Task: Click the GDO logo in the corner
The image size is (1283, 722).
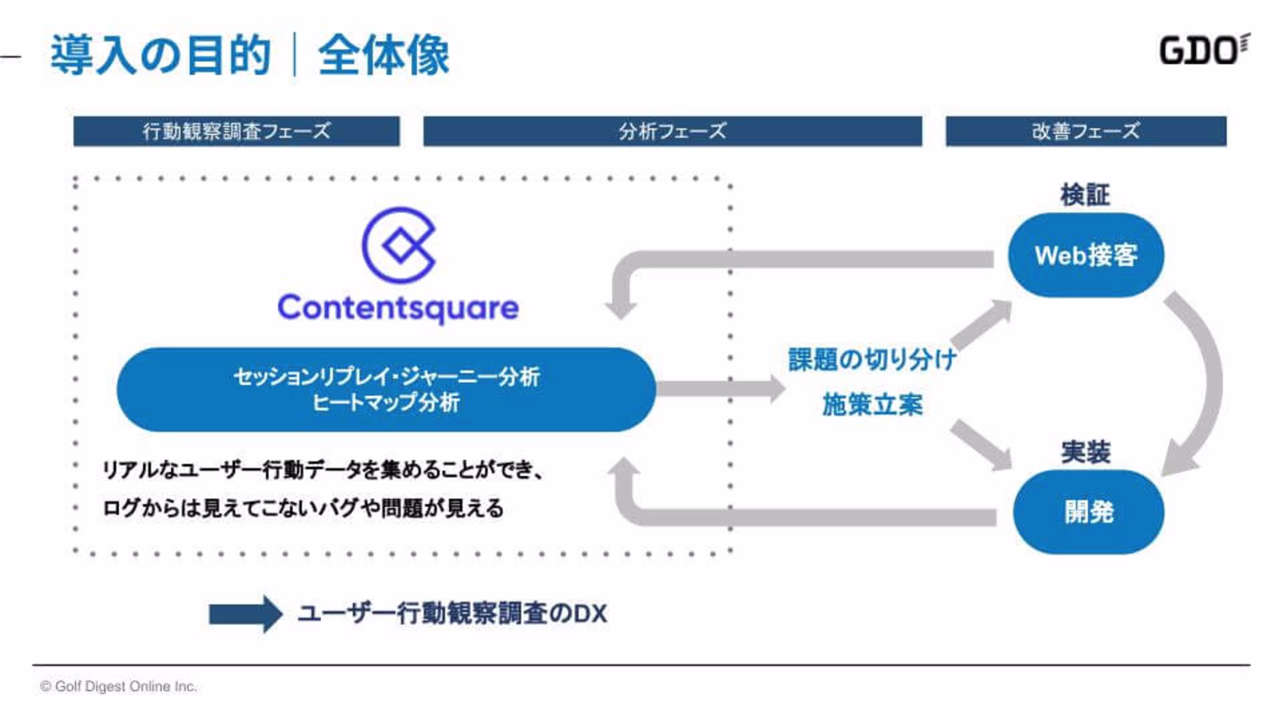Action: [x=1203, y=50]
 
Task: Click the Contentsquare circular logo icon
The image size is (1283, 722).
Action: [x=398, y=245]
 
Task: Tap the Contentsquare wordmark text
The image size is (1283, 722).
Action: [x=398, y=308]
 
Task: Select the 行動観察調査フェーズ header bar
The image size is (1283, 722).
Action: [x=237, y=131]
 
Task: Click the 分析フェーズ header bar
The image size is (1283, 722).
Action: [x=672, y=131]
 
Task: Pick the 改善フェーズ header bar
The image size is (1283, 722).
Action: [x=1086, y=131]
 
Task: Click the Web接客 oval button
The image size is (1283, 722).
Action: [x=1086, y=255]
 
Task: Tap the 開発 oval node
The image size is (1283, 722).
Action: [x=1089, y=512]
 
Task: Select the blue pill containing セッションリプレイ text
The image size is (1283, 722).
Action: [x=386, y=389]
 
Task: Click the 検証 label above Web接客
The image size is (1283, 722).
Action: [x=1085, y=195]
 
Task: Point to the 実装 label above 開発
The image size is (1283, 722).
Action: [x=1086, y=453]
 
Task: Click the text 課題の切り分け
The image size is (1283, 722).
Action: [x=872, y=360]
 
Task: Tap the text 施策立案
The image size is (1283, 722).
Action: [x=872, y=405]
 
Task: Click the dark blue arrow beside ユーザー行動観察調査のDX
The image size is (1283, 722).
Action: [x=245, y=614]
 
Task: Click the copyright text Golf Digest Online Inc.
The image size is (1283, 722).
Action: [x=119, y=687]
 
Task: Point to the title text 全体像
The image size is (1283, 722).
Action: [x=384, y=55]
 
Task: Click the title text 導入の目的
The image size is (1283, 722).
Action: [x=160, y=55]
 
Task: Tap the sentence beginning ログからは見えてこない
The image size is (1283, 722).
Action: [x=303, y=509]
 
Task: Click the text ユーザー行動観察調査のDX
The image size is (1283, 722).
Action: [x=452, y=614]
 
